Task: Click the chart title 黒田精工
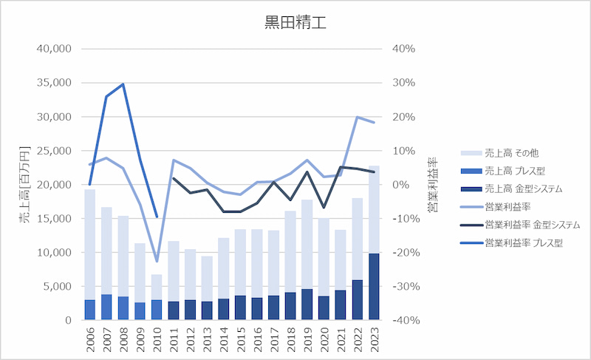pyautogui.click(x=295, y=22)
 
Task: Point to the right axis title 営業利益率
pyautogui.click(x=431, y=185)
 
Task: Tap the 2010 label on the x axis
pyautogui.click(x=157, y=341)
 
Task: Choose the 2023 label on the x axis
pyautogui.click(x=374, y=341)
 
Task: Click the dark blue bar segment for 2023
pyautogui.click(x=374, y=287)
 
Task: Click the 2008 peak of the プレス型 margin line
pyautogui.click(x=123, y=84)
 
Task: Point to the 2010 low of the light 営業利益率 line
pyautogui.click(x=157, y=262)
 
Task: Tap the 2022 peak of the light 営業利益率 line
pyautogui.click(x=357, y=117)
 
